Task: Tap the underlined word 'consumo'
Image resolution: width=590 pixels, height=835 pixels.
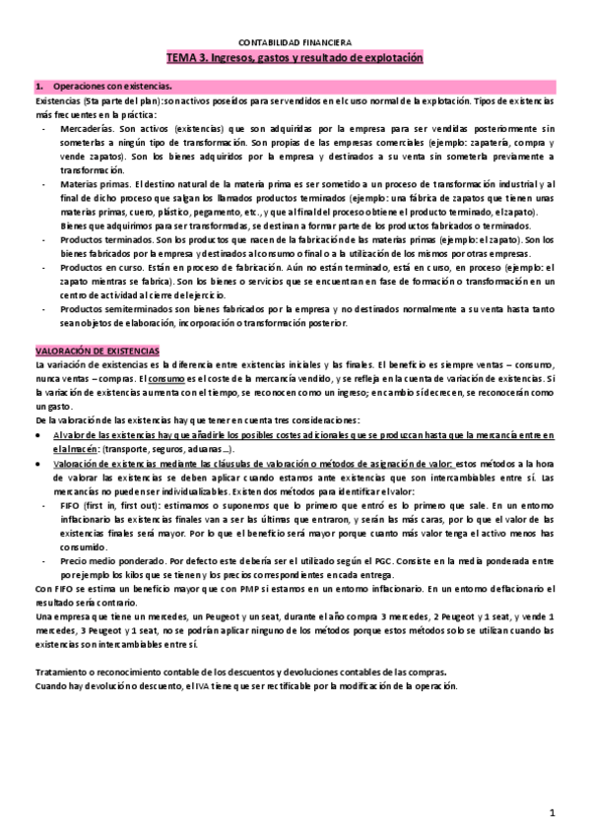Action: pyautogui.click(x=169, y=379)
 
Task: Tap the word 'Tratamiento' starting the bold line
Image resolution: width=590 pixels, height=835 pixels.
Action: pyautogui.click(x=57, y=673)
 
